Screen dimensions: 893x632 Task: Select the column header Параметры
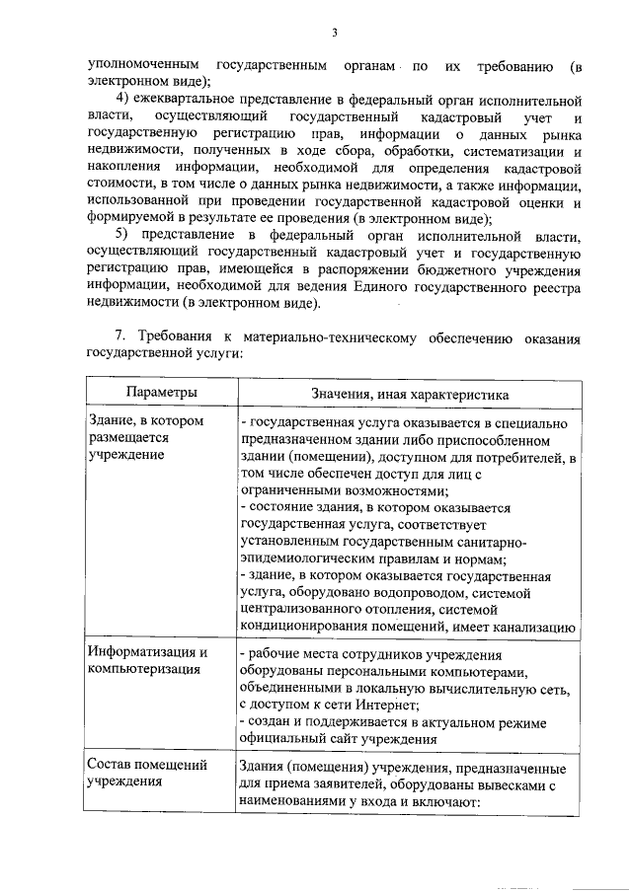pyautogui.click(x=161, y=394)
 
